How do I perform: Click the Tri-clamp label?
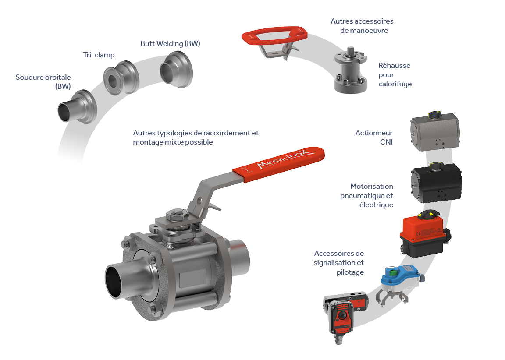tap(99, 55)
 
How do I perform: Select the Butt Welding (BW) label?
tap(171, 43)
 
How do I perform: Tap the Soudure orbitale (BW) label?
tap(43, 82)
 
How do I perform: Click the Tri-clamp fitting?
tap(121, 78)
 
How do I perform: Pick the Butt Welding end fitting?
tap(177, 69)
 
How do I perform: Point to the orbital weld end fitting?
tap(78, 106)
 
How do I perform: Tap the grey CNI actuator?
tap(435, 131)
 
